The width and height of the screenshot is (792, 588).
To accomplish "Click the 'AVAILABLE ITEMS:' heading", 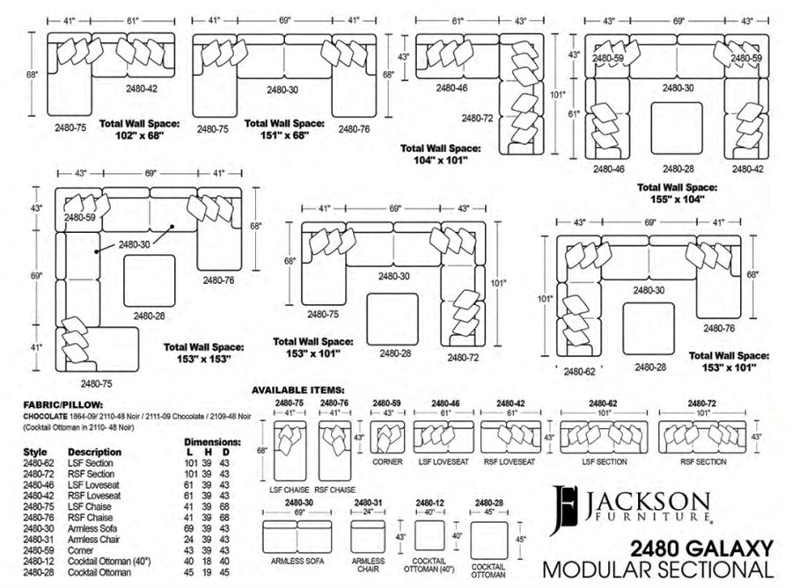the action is pyautogui.click(x=298, y=390).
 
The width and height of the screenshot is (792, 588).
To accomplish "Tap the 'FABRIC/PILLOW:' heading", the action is pyautogui.click(x=63, y=405).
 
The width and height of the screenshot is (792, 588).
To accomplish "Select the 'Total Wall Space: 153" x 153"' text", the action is pyautogui.click(x=203, y=353).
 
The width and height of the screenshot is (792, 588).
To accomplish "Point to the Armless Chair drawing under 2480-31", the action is pyautogui.click(x=368, y=536).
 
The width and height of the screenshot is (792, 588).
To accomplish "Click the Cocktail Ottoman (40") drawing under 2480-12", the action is pyautogui.click(x=429, y=535).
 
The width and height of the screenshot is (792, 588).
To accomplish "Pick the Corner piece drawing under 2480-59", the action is pyautogui.click(x=387, y=437).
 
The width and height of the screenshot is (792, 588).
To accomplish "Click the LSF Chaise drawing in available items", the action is pyautogui.click(x=290, y=450).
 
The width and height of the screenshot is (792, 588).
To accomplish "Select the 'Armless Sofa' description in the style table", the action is pyautogui.click(x=92, y=528).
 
